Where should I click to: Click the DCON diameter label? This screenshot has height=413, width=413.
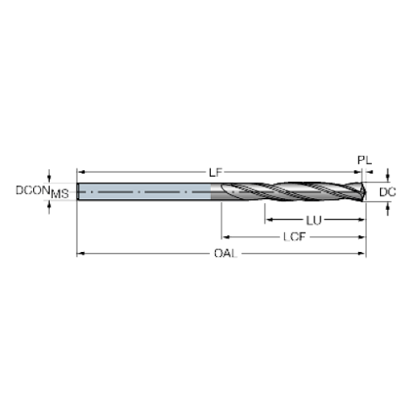click(x=31, y=191)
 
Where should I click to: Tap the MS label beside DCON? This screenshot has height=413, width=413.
click(x=60, y=194)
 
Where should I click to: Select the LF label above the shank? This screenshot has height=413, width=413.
click(x=216, y=171)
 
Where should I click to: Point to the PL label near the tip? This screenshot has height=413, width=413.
click(x=363, y=158)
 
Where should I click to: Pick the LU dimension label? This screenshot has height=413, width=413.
click(x=314, y=221)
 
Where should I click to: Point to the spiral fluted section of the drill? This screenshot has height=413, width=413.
click(x=295, y=192)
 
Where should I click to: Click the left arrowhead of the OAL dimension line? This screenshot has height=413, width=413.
click(x=79, y=254)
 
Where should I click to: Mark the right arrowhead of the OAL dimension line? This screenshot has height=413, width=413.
click(x=363, y=254)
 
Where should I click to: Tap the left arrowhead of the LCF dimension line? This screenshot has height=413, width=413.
click(x=223, y=238)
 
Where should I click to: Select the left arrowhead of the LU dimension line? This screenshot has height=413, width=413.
click(x=267, y=221)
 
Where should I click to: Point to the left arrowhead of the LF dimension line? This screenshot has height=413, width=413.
click(x=79, y=171)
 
